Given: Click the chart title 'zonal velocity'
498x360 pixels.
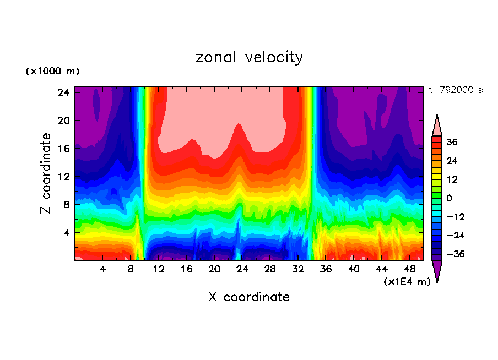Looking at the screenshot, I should click(x=249, y=57).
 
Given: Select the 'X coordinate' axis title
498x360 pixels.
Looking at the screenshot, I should click(x=249, y=297).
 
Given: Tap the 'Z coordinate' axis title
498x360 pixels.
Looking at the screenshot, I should click(x=46, y=173).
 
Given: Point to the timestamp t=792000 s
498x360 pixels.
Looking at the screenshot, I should click(x=455, y=90).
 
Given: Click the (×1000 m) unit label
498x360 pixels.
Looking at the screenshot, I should click(x=52, y=72).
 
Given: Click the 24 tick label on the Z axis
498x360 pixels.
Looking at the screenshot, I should click(x=62, y=92).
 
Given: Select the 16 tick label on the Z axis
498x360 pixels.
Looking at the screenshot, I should click(x=62, y=149).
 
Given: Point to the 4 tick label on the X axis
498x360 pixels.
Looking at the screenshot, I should click(x=103, y=270).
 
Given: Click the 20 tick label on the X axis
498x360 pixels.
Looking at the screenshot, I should click(x=214, y=270).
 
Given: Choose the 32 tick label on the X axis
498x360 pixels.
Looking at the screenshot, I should click(x=298, y=270).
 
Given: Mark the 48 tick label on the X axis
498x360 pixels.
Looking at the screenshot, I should click(x=409, y=270).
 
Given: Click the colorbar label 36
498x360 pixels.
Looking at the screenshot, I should click(x=452, y=142).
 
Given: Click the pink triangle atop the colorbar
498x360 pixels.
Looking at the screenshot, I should click(x=437, y=125).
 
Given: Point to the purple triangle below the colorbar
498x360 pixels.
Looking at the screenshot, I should click(x=437, y=271).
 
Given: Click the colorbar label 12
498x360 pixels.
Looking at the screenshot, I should click(x=452, y=179).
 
